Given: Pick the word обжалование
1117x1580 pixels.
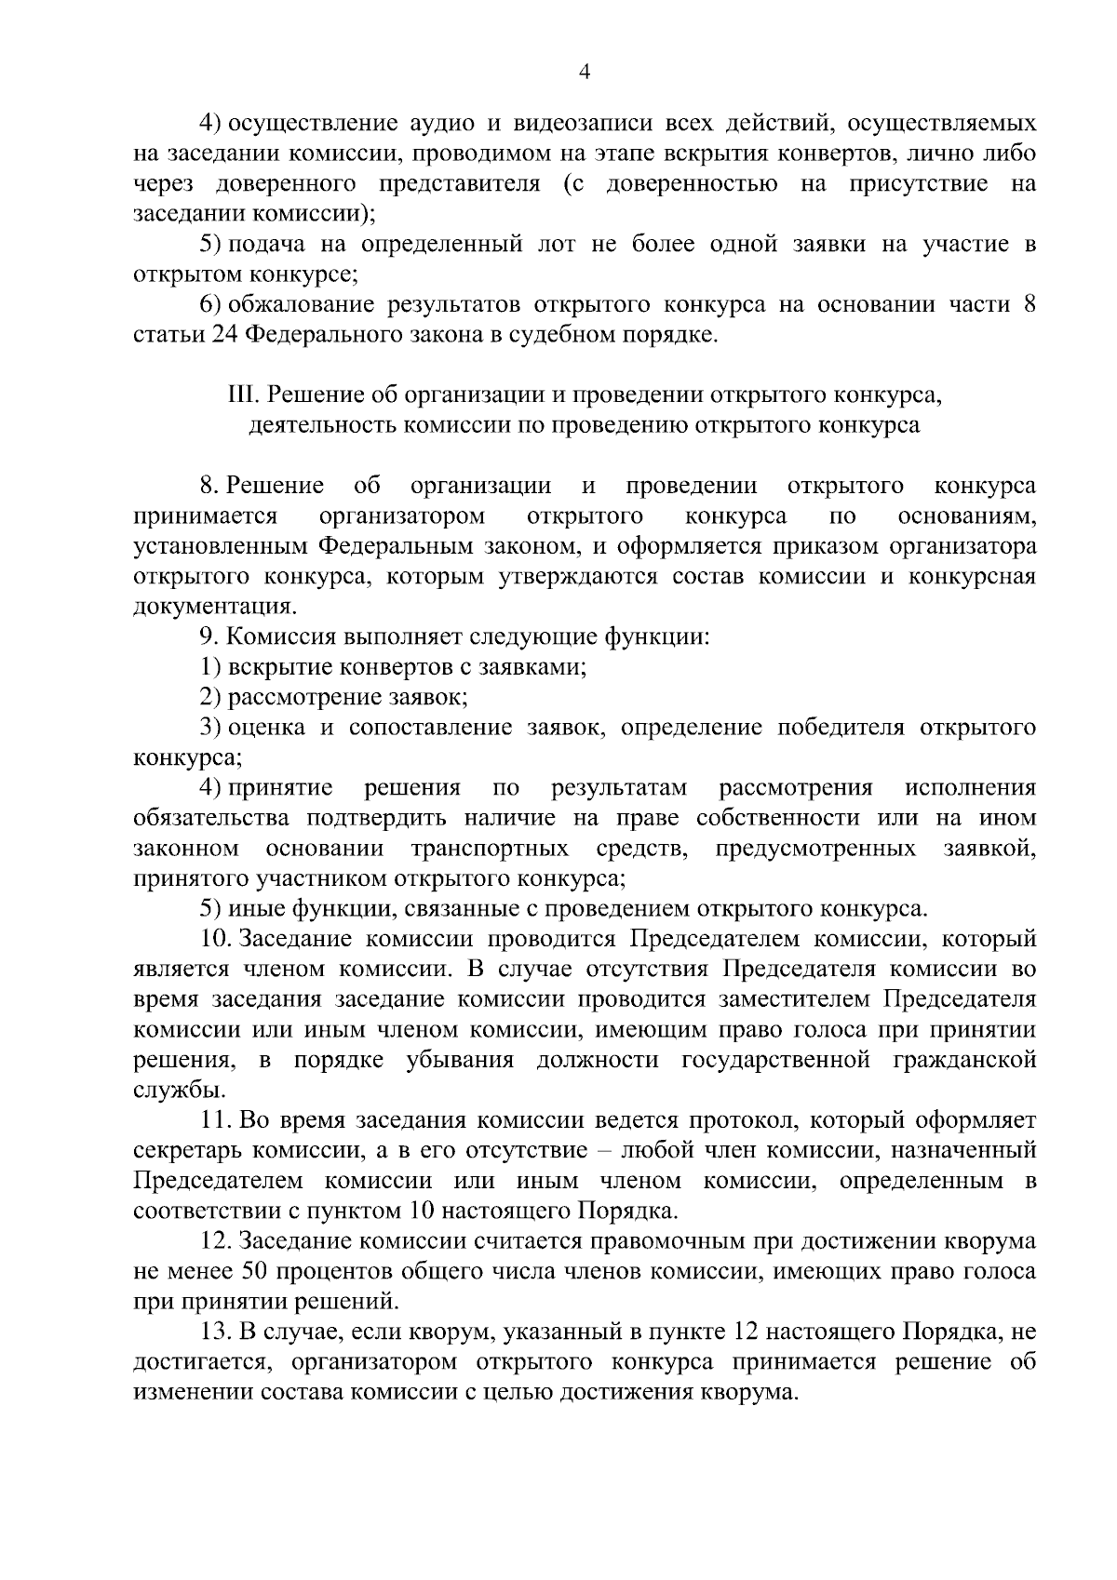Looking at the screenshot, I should [x=303, y=304].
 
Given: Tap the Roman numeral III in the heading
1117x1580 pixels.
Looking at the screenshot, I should [x=243, y=395].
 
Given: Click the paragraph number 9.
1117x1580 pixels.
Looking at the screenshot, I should [x=208, y=637].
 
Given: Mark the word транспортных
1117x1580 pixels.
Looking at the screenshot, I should [x=490, y=849].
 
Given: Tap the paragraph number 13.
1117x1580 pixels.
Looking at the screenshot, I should [x=215, y=1332].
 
